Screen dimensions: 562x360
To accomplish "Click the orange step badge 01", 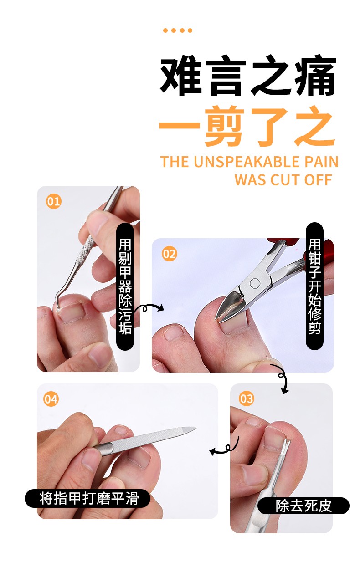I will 53,201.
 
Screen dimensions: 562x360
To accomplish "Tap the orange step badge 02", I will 169,254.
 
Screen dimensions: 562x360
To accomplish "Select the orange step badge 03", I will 246,399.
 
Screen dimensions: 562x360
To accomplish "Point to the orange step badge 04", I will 51,399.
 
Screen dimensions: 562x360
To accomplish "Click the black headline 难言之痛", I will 248,77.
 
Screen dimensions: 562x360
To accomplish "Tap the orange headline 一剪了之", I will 248,126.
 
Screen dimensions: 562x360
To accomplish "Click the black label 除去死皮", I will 303,506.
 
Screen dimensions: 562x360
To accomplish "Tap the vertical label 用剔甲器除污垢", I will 125,286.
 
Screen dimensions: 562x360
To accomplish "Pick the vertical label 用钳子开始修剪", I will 314,286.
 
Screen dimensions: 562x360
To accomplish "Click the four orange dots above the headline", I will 178,31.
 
